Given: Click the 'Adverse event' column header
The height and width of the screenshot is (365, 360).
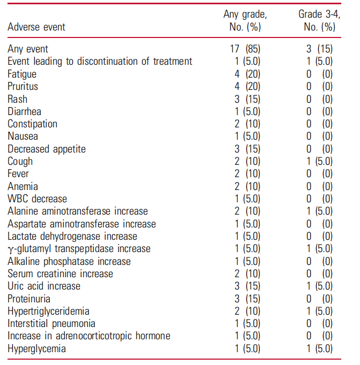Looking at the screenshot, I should point(36,26).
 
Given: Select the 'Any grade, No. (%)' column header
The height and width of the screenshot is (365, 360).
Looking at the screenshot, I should point(245,20).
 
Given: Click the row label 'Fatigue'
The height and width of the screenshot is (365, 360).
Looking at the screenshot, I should point(22,74).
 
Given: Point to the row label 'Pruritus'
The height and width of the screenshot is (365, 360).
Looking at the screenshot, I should point(23,86).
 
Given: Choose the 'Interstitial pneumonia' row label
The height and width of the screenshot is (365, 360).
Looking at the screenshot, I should point(51,324).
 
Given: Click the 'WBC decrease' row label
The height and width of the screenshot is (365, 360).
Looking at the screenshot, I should point(37,199).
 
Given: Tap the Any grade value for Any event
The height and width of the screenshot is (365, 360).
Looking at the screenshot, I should point(245,49).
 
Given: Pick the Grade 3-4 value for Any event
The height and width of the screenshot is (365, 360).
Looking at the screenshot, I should point(319,49).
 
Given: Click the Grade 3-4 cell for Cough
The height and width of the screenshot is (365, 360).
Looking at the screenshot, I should point(319,161).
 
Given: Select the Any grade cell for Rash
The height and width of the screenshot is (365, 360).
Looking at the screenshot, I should point(245,99).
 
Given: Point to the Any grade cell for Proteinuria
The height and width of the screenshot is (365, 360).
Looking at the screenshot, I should point(245,299).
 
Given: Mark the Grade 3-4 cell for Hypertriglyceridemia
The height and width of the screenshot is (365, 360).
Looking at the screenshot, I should point(319,311).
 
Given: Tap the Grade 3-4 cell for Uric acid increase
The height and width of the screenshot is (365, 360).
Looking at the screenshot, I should point(319,286).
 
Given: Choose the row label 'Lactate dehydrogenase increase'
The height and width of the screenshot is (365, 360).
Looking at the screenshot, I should point(72,236).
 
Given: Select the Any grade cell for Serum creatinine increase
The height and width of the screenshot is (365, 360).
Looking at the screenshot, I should point(245,273).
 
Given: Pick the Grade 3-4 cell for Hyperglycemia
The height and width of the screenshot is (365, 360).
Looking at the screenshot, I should point(319,349).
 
